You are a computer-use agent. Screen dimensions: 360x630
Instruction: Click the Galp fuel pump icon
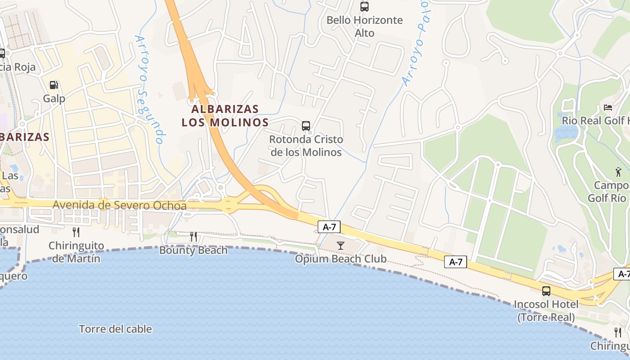54,85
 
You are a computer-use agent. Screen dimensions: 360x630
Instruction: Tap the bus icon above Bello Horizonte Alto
364,7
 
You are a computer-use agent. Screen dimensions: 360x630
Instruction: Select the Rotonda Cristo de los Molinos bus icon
306,126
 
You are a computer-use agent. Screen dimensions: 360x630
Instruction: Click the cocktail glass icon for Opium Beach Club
341,245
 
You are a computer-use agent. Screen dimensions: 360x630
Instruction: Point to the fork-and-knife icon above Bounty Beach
193,236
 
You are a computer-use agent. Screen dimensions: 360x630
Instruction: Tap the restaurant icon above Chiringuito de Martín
76,232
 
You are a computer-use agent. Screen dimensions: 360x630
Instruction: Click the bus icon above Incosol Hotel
546,291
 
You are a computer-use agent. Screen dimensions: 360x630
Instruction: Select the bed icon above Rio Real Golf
608,108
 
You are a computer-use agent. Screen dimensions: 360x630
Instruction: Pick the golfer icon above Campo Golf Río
618,171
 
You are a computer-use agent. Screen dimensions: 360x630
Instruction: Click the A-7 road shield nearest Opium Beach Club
329,227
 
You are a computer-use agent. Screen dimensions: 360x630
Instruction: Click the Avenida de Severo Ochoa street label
119,205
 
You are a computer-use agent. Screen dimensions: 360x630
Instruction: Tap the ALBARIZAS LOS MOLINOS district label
225,116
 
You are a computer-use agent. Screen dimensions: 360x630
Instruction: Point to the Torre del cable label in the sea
115,329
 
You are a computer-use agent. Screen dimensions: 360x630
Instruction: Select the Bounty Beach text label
193,250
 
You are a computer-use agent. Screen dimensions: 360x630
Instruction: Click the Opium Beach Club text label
341,259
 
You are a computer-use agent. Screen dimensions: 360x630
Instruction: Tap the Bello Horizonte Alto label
364,27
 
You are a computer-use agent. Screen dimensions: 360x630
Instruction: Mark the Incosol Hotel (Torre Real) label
546,311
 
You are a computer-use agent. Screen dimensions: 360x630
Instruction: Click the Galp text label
54,99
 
